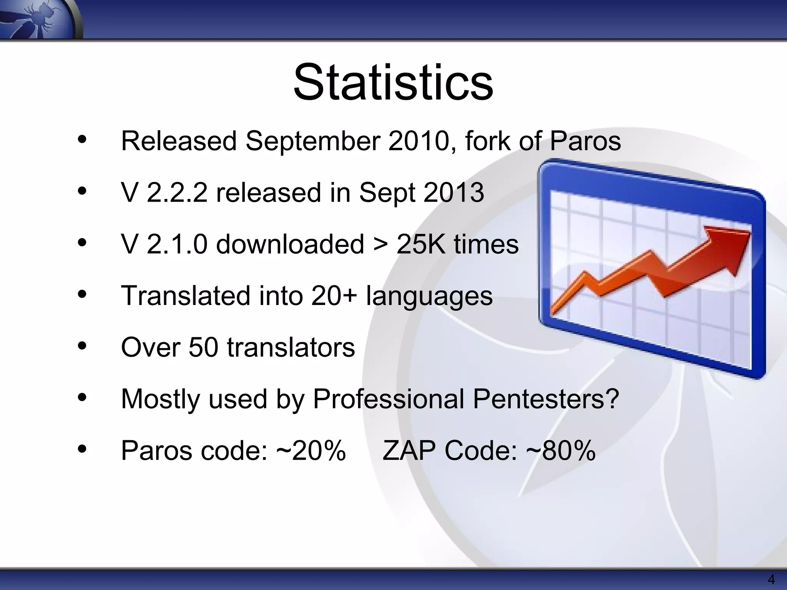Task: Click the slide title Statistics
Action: click(393, 83)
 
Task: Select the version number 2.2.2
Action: click(177, 192)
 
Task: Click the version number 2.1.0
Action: click(177, 244)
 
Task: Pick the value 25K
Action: click(420, 244)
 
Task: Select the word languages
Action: click(429, 297)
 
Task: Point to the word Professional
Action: click(389, 399)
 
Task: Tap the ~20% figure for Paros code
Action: click(311, 451)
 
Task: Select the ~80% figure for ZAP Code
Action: click(561, 451)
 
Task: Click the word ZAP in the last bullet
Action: click(409, 451)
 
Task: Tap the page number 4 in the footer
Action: click(771, 579)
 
